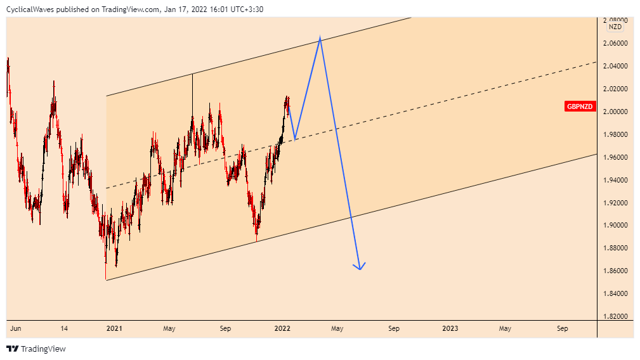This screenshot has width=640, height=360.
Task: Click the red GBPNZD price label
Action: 580,106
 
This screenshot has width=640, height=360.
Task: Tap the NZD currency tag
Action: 615,27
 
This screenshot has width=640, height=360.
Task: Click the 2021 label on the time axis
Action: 114,328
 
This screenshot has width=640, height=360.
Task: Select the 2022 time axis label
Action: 282,328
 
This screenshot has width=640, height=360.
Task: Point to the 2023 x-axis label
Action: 450,328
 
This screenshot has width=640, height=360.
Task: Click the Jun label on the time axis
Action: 16,328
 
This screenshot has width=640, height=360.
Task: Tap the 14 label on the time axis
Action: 64,328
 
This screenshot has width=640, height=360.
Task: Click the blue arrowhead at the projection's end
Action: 360,268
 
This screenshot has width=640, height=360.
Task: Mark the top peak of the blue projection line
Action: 320,38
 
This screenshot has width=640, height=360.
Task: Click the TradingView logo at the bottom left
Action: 36,349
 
